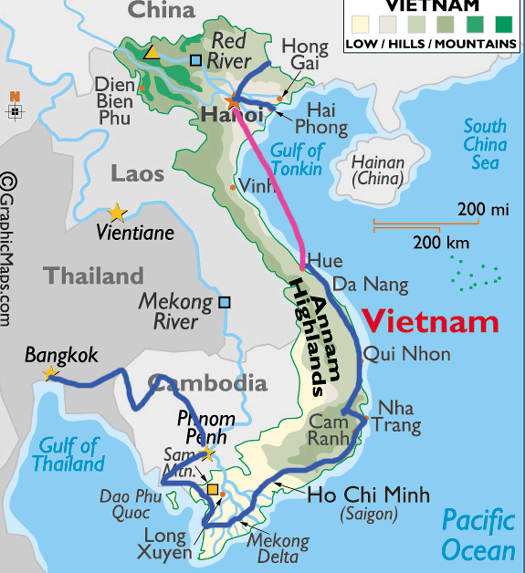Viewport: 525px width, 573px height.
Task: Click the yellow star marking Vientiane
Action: tap(117, 213)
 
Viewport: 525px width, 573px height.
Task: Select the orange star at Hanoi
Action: tap(233, 101)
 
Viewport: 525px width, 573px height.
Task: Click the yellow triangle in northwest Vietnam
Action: tap(151, 53)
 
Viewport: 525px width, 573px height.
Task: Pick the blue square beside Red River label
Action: tap(196, 60)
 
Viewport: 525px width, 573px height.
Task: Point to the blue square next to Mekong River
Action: tap(224, 302)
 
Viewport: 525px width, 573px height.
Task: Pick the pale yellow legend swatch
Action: tap(360, 24)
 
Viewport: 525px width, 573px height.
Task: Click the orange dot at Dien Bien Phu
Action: tap(142, 88)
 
